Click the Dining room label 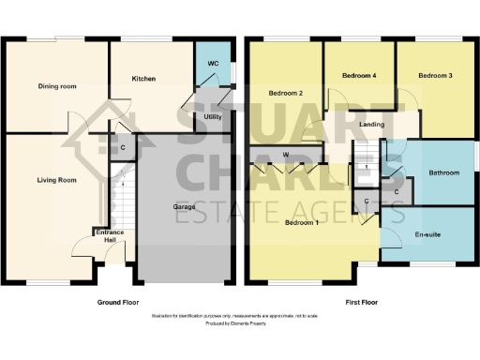(57, 86)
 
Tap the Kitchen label (143, 79)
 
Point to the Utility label (213, 117)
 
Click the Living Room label (56, 179)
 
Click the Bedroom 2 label (285, 93)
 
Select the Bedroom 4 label (358, 75)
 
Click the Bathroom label (443, 173)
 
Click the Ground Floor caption (118, 303)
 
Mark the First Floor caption (360, 303)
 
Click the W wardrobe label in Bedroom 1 (284, 155)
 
